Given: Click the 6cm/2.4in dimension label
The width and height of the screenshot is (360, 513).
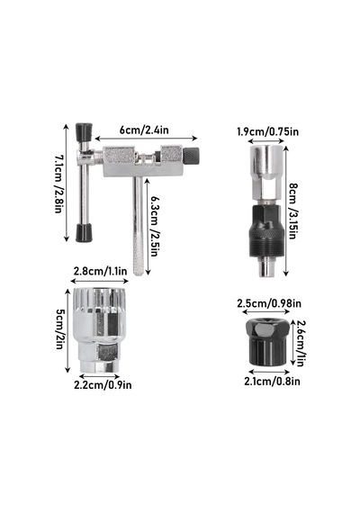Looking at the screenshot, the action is (144, 130).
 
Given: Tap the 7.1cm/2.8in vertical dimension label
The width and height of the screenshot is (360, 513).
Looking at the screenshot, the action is (58, 184).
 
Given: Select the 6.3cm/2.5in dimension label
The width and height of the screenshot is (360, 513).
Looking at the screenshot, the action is (155, 226).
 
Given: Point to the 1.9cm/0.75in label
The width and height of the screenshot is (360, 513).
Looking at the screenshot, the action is (267, 131).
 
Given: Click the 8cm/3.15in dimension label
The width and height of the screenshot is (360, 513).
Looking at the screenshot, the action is (292, 211).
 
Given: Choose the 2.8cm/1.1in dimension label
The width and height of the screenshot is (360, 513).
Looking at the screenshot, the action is (100, 271).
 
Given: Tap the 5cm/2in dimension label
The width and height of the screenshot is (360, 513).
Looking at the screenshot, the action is (59, 329).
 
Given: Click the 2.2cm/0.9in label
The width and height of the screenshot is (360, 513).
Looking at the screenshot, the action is (103, 385).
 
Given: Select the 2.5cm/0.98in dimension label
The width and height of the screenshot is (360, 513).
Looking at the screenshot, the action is (269, 303).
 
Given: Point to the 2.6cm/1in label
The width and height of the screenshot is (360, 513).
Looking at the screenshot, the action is (301, 343).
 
